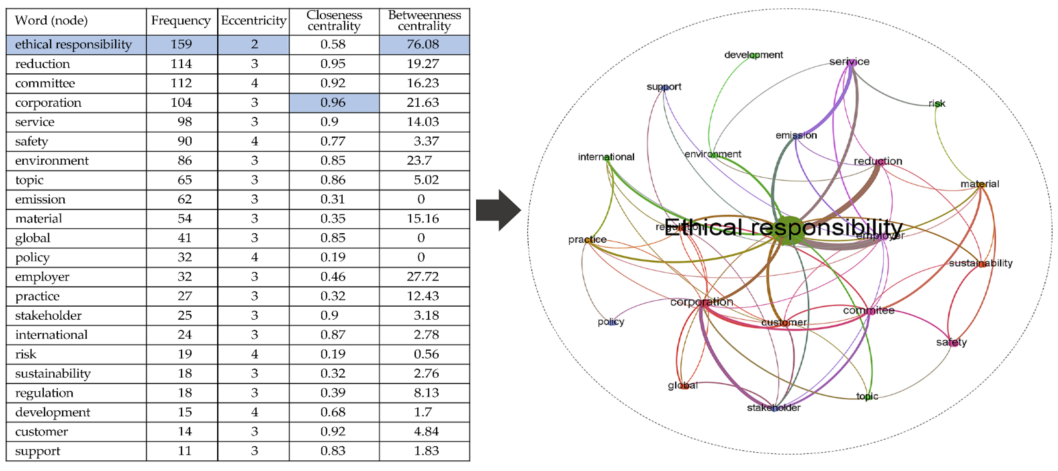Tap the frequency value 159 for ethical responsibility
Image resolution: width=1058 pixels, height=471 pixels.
(181, 44)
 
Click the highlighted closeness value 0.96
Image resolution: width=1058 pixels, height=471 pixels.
(333, 102)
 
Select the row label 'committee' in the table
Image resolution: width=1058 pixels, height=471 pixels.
(45, 83)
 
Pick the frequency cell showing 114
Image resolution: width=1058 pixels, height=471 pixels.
(181, 64)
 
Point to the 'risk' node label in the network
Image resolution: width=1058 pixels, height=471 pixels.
(937, 104)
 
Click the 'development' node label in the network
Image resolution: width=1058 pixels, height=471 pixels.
(753, 55)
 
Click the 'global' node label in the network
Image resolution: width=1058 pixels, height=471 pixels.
(683, 385)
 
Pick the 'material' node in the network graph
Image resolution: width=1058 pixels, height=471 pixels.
(980, 184)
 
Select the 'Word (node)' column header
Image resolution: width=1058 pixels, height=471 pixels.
(51, 21)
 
